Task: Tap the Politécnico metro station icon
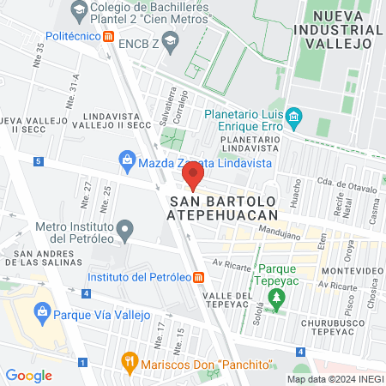108,37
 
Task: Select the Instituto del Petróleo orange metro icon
198,276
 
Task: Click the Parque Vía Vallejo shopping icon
40,313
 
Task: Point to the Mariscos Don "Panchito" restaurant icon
130,360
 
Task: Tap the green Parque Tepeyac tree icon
276,299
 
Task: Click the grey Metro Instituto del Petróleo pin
126,230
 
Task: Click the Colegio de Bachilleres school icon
79,10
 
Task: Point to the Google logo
29,375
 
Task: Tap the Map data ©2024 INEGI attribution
335,379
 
